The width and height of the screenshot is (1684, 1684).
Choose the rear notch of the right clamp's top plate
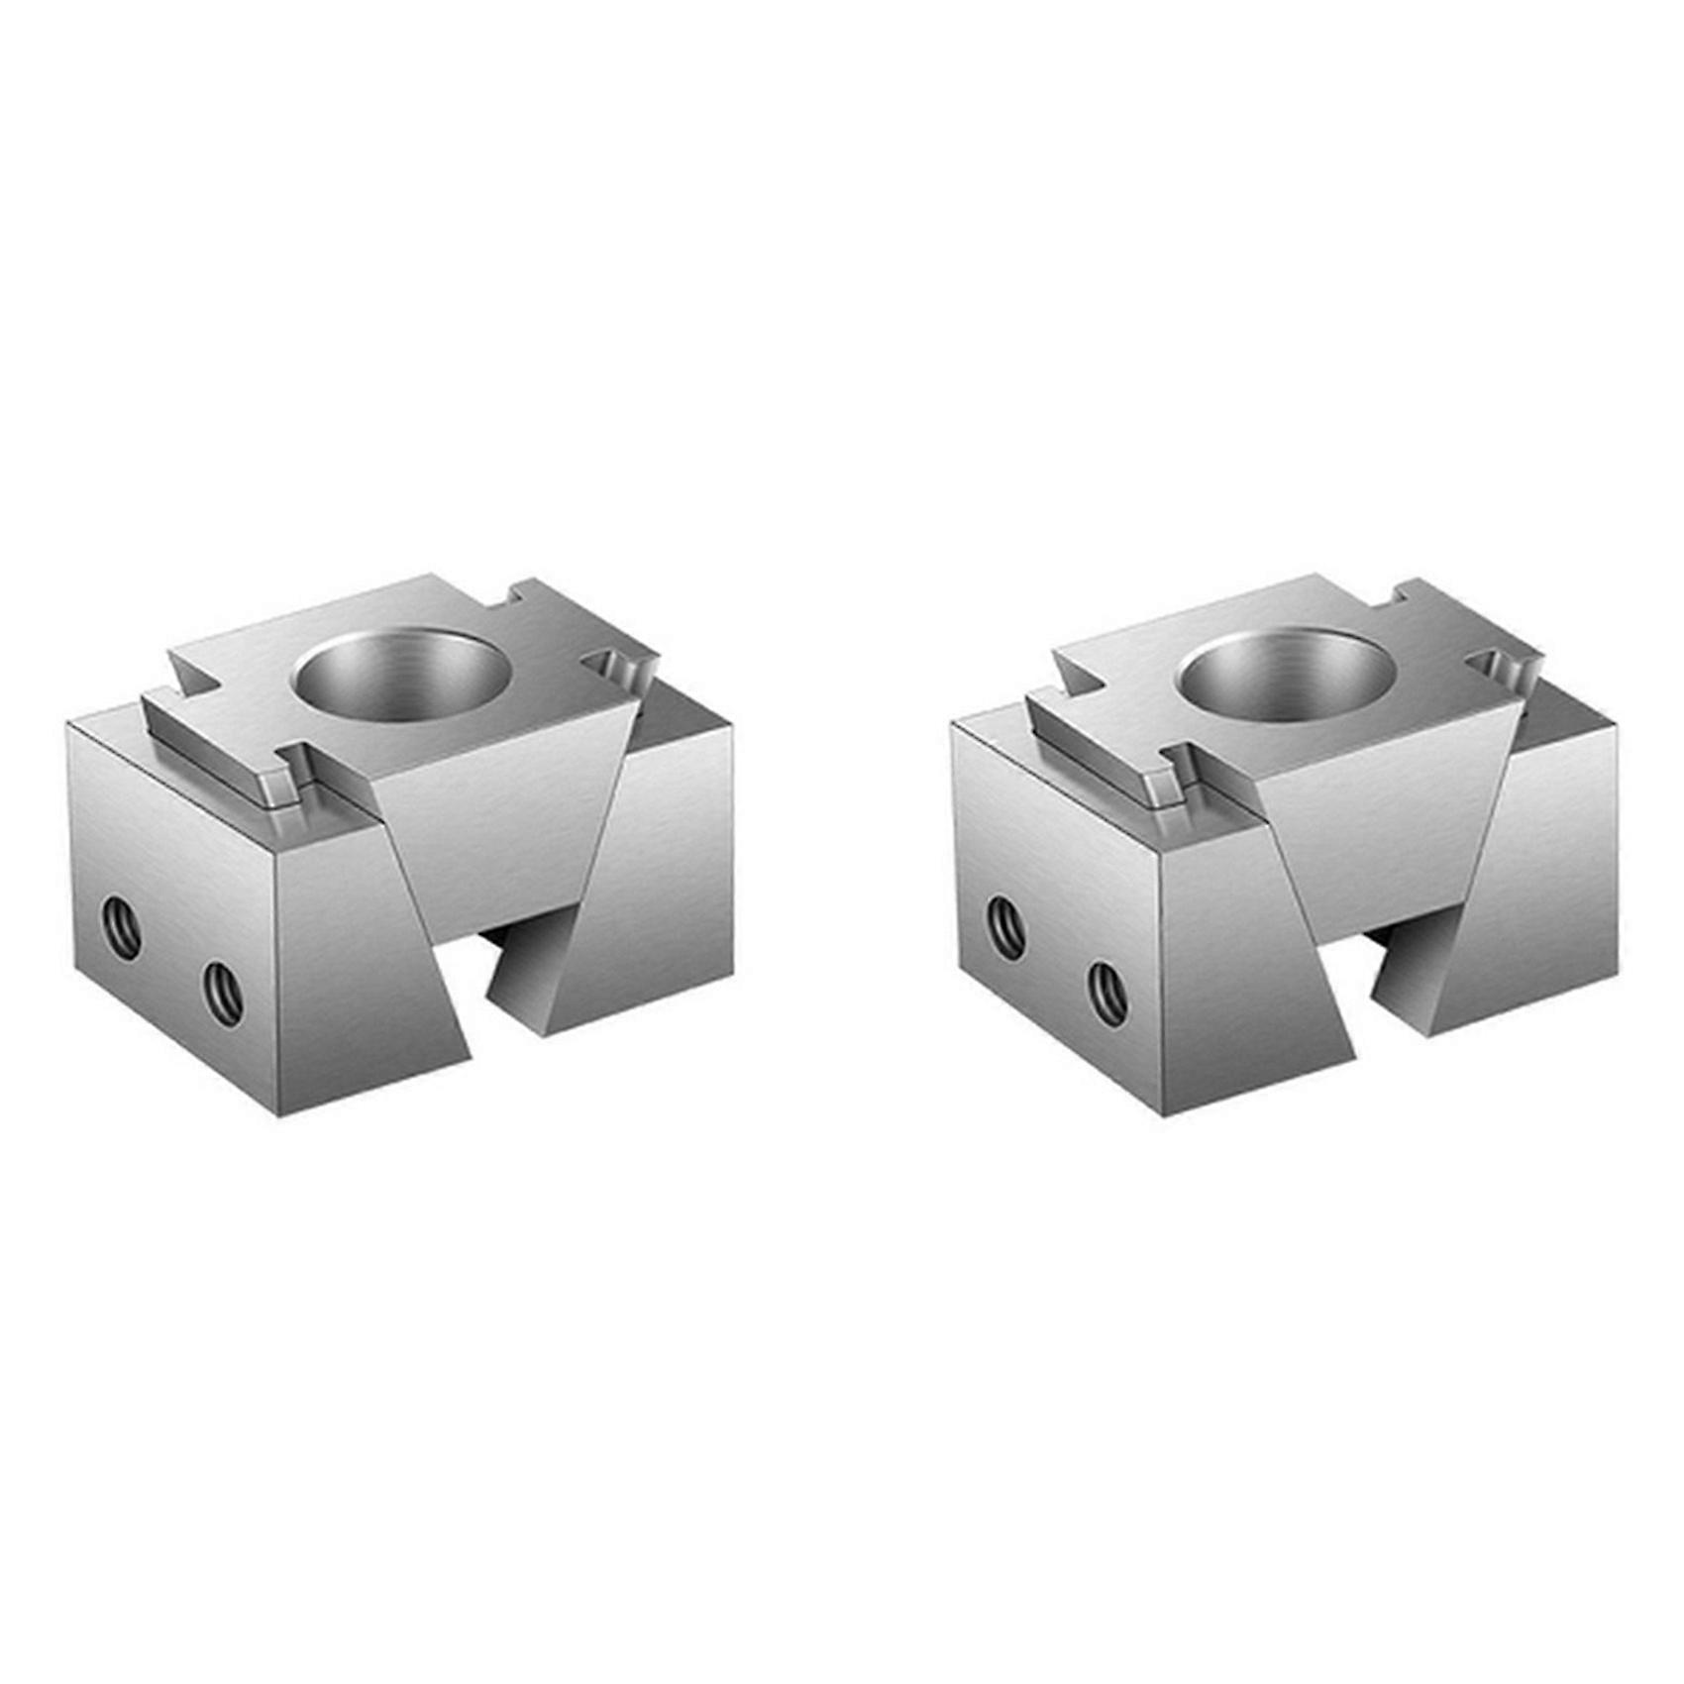[x=1405, y=596]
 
